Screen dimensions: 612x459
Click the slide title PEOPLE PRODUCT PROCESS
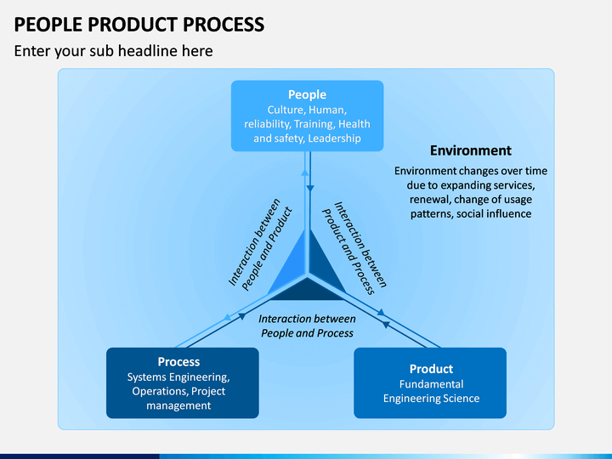click(x=139, y=24)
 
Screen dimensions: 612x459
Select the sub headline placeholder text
click(x=114, y=51)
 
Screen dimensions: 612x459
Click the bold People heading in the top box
click(x=307, y=94)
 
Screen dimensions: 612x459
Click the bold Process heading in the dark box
click(x=178, y=362)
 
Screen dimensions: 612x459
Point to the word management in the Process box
click(x=178, y=405)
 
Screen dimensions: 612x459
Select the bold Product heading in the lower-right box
click(x=431, y=369)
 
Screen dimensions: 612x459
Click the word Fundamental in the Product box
click(x=431, y=384)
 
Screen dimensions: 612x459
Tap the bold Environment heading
click(x=471, y=150)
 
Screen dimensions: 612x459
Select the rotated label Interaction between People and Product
click(x=260, y=245)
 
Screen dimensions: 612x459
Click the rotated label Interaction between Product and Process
click(x=354, y=247)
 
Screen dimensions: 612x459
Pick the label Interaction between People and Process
click(x=307, y=326)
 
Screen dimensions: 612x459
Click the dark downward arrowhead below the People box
click(x=310, y=189)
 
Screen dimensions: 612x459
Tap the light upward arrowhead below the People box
click(x=305, y=172)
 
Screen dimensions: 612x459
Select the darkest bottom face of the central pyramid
click(x=307, y=292)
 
